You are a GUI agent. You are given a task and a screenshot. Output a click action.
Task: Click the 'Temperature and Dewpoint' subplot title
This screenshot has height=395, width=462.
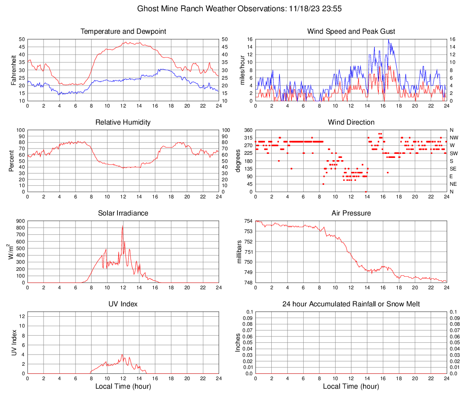tap(123, 31)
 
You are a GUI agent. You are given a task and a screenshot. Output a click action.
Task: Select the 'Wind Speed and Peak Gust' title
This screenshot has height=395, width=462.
tap(351, 31)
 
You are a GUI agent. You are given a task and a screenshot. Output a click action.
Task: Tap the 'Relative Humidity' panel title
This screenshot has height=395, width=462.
tap(123, 122)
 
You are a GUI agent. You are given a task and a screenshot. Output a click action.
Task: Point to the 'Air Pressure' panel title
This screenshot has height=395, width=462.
tap(351, 213)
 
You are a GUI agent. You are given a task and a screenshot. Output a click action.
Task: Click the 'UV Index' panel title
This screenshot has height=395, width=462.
tap(123, 304)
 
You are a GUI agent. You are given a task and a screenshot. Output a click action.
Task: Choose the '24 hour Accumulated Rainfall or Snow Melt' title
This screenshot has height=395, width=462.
tap(351, 304)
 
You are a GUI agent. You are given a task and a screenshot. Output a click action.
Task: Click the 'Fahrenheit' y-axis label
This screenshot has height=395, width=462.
tap(13, 70)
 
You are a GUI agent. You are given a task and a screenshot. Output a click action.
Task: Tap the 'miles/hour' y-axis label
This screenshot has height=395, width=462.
tap(242, 70)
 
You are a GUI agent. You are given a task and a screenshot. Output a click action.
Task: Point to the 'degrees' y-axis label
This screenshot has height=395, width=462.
tap(238, 161)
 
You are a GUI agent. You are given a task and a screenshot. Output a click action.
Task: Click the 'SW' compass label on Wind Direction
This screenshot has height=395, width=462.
tap(453, 153)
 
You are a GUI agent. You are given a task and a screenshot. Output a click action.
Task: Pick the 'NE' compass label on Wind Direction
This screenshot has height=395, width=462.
tap(453, 184)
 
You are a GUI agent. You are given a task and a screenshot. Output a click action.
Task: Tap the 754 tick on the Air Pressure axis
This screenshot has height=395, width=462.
tap(247, 221)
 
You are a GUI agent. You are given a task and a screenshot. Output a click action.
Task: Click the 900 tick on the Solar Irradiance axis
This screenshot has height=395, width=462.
tap(20, 221)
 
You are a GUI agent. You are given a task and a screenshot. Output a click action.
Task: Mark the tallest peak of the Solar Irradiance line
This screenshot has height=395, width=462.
tap(123, 225)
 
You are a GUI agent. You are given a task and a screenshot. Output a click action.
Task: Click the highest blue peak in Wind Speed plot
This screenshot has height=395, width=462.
tap(388, 40)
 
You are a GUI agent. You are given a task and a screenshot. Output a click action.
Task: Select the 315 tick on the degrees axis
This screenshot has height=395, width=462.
tap(247, 138)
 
